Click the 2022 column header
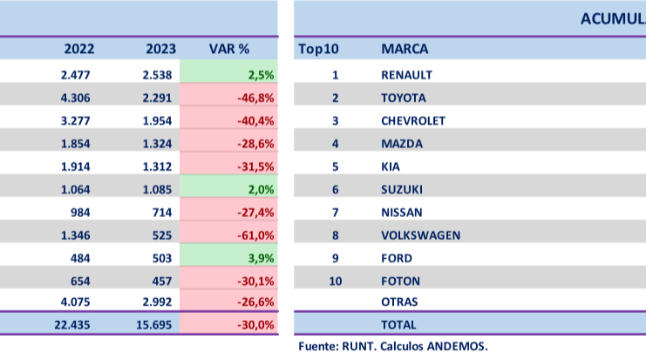coord(79,49)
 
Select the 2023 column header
coord(160,49)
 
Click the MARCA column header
coord(405,49)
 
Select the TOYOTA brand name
coord(404,98)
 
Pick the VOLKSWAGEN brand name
coord(420,234)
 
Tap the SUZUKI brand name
coord(402,189)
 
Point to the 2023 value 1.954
coord(160,120)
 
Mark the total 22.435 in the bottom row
coord(75,323)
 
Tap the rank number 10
coord(335,281)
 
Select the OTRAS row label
coord(399,302)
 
